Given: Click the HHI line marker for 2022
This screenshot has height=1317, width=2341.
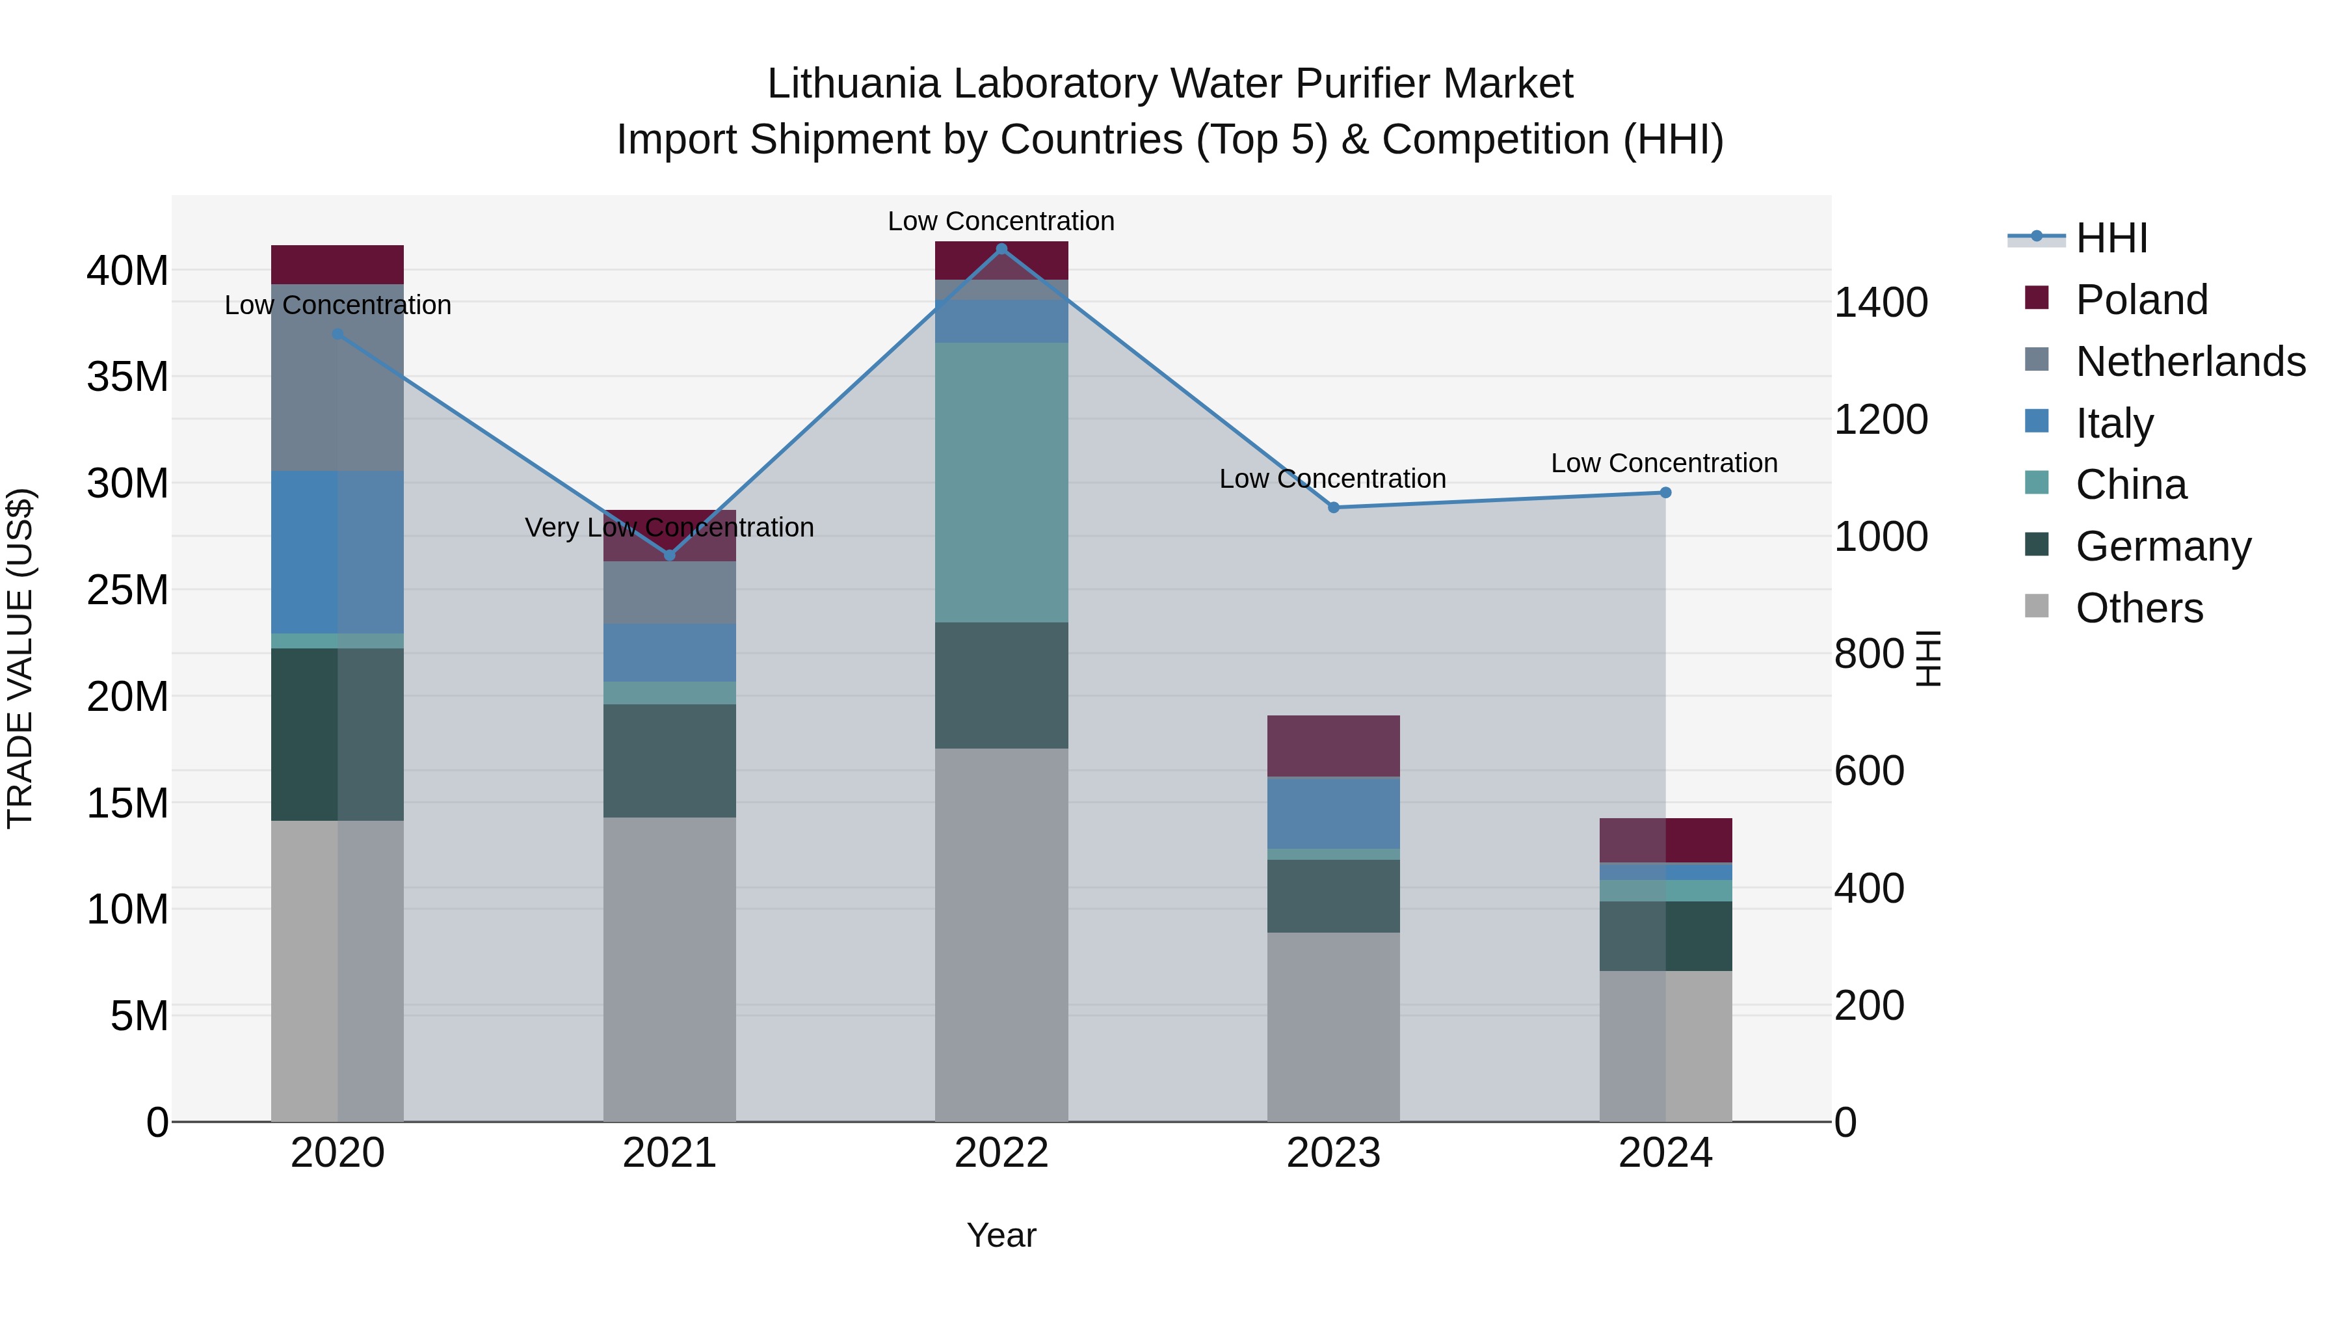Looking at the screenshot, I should tap(1001, 248).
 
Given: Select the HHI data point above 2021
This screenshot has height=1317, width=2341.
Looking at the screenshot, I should tap(670, 554).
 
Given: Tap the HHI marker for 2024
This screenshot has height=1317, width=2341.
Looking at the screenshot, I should tap(1665, 492).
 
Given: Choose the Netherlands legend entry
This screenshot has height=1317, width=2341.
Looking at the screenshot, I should tap(2189, 362).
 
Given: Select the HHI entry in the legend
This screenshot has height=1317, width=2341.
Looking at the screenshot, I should tap(2110, 238).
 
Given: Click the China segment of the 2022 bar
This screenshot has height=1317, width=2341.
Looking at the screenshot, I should tap(1001, 482).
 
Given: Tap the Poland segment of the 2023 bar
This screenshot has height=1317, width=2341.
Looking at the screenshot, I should tap(1333, 745).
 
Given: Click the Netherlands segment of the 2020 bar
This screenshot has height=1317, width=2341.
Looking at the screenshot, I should tap(337, 377).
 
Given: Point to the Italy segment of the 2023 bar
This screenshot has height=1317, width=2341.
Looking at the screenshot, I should tap(1333, 812).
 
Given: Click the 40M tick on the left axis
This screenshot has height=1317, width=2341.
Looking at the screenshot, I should tap(127, 271).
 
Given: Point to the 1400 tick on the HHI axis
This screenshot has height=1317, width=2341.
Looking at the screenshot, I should tap(1880, 302).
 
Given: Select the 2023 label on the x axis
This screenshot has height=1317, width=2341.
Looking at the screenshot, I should tap(1333, 1153).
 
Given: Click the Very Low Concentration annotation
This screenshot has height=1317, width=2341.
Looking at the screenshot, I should tap(670, 527).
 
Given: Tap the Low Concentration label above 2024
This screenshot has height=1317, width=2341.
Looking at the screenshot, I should tap(1664, 462).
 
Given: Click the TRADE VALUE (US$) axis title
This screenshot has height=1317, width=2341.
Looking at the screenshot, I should tap(20, 658).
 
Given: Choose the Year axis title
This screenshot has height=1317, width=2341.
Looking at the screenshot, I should tap(1001, 1235).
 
